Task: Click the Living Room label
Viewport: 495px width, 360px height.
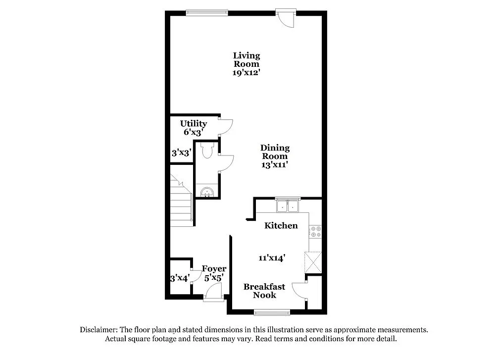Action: (247, 59)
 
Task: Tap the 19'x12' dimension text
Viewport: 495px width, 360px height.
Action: (247, 72)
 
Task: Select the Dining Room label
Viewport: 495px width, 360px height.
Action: (275, 152)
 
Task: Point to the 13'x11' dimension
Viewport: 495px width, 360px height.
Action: (275, 165)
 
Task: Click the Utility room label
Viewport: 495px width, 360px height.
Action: (194, 123)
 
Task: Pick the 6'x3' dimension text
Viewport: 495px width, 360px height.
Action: (194, 132)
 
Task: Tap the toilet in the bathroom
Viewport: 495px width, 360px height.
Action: (207, 150)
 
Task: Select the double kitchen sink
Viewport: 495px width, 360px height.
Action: (288, 206)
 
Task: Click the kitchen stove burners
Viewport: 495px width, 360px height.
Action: (316, 232)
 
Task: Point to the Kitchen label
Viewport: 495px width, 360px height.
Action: (281, 226)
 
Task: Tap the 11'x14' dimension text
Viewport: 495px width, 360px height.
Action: (272, 257)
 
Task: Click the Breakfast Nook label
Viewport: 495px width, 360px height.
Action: (264, 291)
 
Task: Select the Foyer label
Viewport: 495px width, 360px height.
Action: (214, 269)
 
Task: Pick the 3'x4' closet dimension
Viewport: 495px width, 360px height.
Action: (180, 278)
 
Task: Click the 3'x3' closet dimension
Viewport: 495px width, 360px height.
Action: (181, 153)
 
